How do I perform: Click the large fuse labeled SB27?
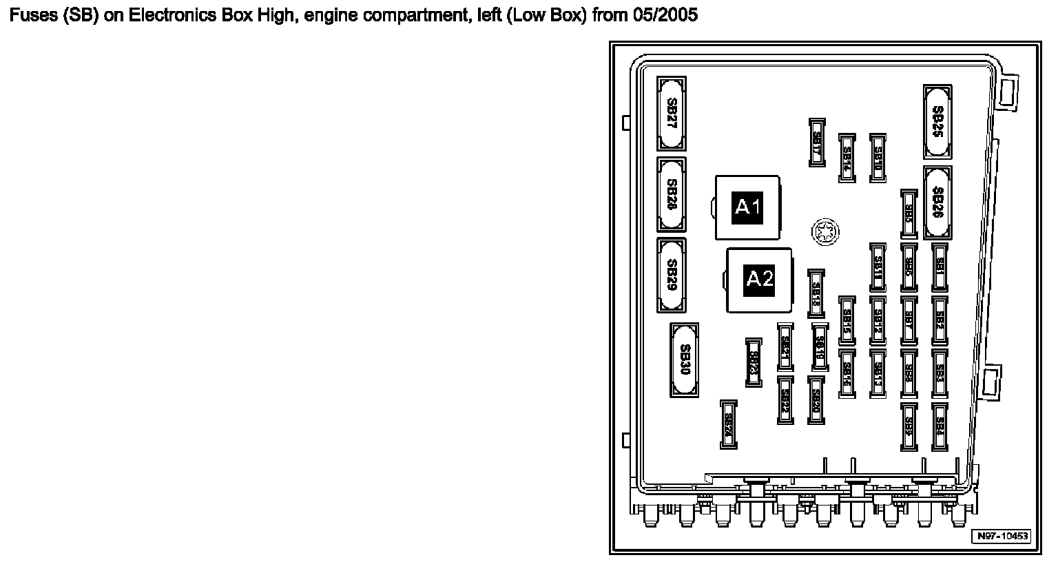[x=672, y=114]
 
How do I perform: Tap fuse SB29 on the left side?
[x=672, y=275]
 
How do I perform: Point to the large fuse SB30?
[x=684, y=360]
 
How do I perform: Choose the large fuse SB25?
[x=937, y=122]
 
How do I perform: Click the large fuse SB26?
[x=937, y=203]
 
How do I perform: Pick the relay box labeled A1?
[x=747, y=207]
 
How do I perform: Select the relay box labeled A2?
[x=760, y=279]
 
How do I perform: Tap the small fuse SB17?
[x=817, y=142]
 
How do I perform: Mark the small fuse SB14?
[x=847, y=158]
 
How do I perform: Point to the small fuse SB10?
[x=878, y=158]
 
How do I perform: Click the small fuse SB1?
[x=940, y=267]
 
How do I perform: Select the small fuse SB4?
[x=940, y=426]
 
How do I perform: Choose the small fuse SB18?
[x=816, y=293]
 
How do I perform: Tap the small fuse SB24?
[x=729, y=424]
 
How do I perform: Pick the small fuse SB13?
[x=878, y=373]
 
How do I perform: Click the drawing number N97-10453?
[x=1001, y=537]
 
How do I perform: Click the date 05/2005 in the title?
[x=664, y=15]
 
